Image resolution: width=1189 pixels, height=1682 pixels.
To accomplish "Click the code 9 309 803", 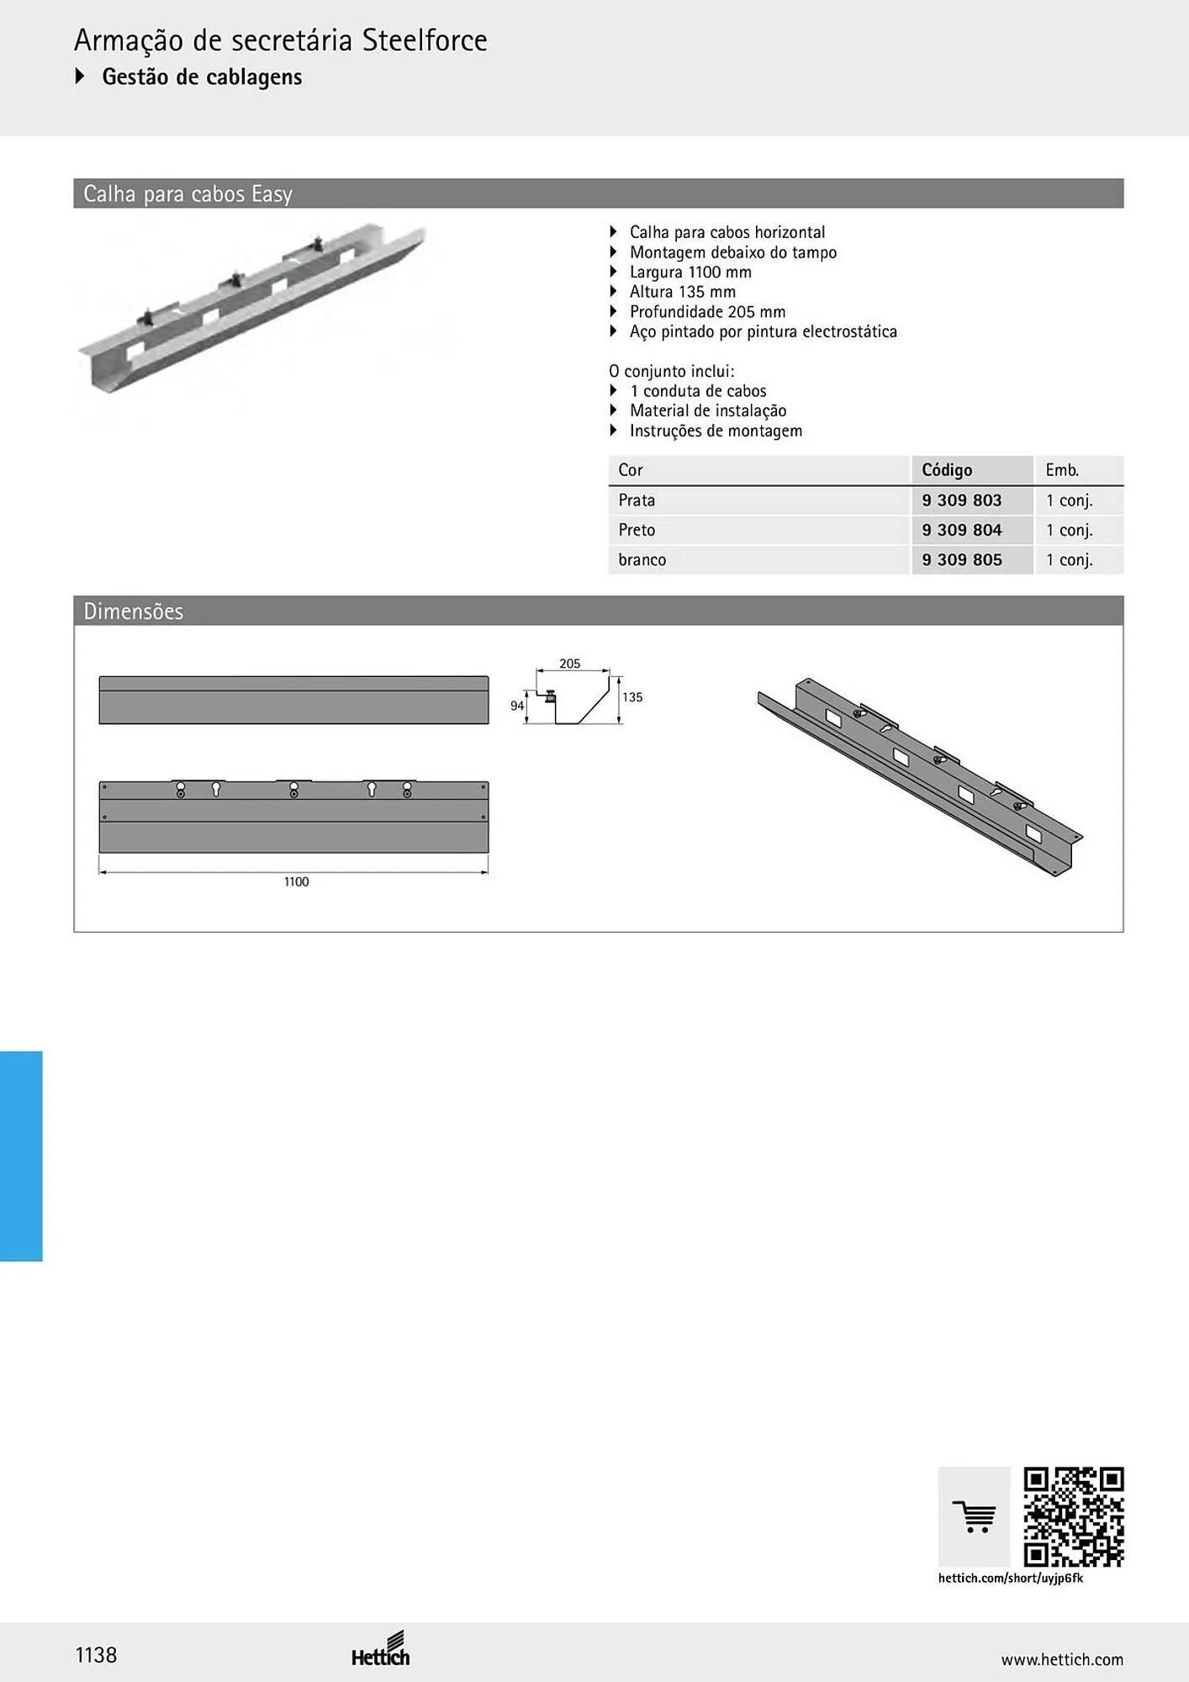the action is tap(961, 500).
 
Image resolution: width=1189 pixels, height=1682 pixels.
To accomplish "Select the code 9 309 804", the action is tap(961, 530).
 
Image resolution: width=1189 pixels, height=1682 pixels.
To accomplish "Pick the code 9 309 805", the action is tap(961, 559).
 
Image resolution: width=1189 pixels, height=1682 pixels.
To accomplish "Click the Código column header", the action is tap(947, 470).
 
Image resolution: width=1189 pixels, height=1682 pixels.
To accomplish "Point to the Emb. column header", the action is tap(1062, 470).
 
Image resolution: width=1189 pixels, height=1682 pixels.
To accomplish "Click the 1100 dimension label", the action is tap(296, 881).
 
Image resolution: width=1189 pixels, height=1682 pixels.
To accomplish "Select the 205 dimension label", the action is tap(570, 664).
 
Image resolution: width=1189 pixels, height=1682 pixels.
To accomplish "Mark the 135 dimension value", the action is tap(632, 697).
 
